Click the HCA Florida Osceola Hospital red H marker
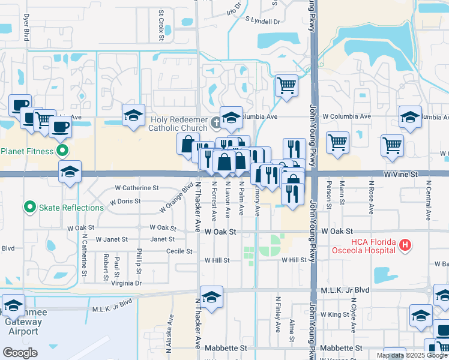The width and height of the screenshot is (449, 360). (x=405, y=245)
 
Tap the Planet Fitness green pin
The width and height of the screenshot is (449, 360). (x=61, y=151)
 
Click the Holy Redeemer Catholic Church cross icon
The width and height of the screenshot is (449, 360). (x=217, y=124)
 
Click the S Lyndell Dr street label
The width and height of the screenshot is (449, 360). (x=263, y=21)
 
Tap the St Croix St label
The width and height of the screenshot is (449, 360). (x=161, y=25)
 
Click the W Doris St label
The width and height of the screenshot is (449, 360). (x=125, y=202)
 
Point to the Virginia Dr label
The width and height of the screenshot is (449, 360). (x=126, y=283)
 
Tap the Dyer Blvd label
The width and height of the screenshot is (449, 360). (x=26, y=28)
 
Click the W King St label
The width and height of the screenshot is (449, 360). (x=334, y=314)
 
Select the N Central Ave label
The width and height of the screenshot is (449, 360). (x=429, y=204)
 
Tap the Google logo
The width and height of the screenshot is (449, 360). (x=20, y=353)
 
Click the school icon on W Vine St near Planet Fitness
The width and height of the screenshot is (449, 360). (x=70, y=172)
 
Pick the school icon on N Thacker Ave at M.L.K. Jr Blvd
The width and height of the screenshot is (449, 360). (x=211, y=297)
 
